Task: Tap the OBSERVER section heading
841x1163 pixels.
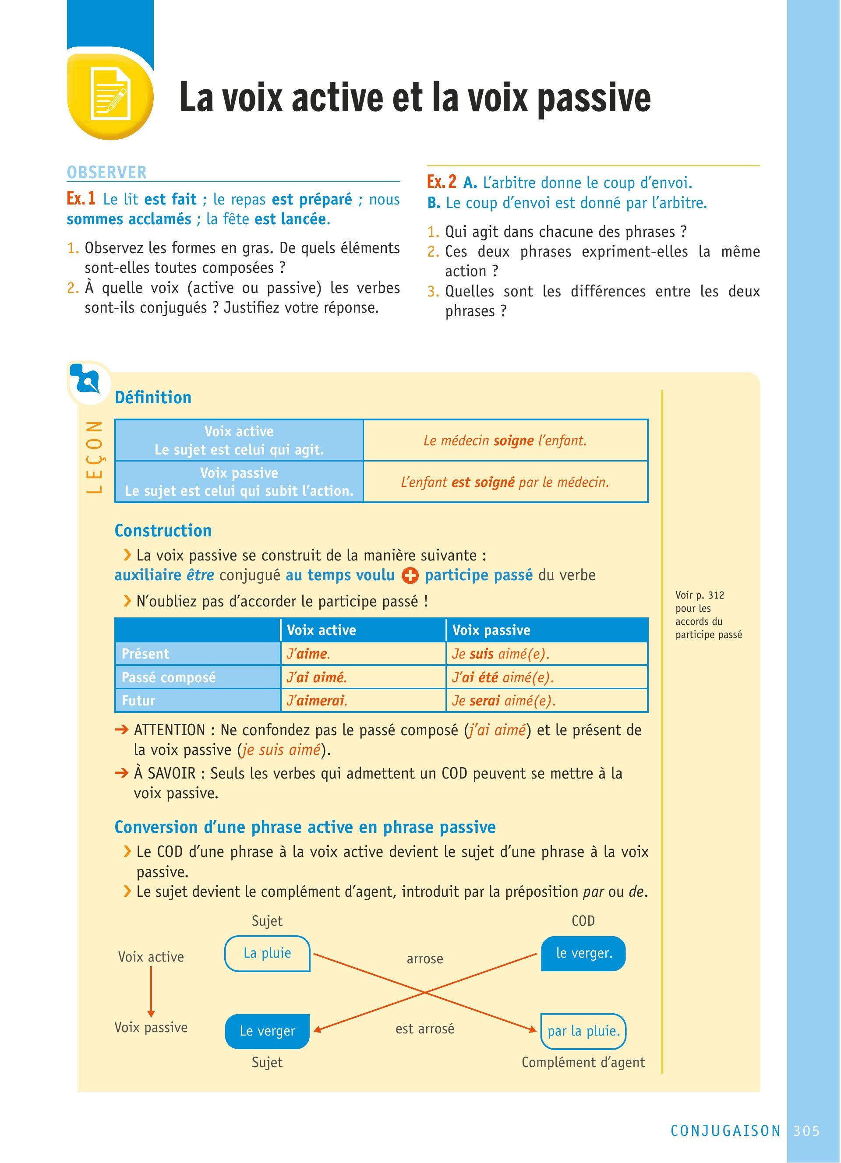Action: (x=107, y=172)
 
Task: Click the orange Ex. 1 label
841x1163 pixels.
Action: (x=81, y=198)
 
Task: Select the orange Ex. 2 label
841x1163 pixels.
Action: (x=442, y=182)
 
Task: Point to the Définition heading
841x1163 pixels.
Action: (x=153, y=398)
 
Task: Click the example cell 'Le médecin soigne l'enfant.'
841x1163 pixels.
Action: (x=505, y=441)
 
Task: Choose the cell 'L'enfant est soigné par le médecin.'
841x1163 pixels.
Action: (x=505, y=482)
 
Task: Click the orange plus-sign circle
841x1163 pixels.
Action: (x=410, y=575)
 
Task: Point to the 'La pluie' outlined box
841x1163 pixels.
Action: (x=267, y=953)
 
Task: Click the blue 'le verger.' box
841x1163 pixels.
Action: (x=583, y=953)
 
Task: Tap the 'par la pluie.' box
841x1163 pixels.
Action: (x=583, y=1031)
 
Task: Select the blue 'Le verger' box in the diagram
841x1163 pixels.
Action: (x=267, y=1031)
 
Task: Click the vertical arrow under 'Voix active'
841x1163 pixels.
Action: (x=151, y=991)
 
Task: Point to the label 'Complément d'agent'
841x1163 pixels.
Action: (x=583, y=1062)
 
